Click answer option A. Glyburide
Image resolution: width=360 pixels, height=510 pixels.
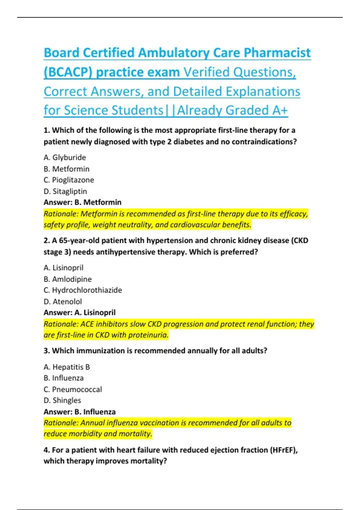65,157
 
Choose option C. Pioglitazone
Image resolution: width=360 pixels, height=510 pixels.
69,180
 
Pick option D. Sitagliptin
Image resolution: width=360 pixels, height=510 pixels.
65,191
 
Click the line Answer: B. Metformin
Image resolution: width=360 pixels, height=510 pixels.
82,202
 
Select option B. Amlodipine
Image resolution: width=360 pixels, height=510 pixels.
67,279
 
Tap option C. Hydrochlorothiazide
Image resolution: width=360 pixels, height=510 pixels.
83,290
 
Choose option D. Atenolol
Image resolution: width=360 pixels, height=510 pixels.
63,301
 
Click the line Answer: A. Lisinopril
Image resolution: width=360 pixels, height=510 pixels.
79,313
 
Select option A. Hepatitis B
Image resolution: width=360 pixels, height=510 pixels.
67,367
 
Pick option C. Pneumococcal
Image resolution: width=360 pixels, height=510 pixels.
73,389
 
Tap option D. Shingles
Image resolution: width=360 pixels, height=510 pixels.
62,400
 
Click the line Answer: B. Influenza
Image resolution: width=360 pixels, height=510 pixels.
79,412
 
